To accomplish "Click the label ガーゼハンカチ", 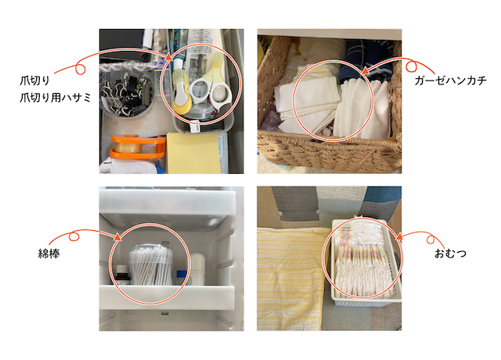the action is pos(450,80).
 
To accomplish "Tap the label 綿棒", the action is pos(49,254).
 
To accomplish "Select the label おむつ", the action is pos(450,254).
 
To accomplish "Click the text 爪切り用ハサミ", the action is pos(56,97).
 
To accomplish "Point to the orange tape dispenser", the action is pos(138,146).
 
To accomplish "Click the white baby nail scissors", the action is pos(209,90).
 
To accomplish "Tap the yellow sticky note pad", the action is pos(194,153).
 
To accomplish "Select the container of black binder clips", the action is pos(127,92).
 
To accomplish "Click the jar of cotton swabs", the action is pos(150,265).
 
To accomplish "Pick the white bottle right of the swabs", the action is pos(198,268).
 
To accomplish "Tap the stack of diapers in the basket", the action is pos(364,259).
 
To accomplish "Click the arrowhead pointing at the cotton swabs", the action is pos(117,236).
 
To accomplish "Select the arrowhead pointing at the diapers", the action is pos(399,236).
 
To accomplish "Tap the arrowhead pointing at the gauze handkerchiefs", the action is pos(366,70).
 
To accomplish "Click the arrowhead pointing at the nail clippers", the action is pos(169,57).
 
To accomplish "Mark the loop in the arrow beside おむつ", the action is pos(431,240).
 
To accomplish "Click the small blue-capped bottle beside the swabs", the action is pos(182,277).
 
